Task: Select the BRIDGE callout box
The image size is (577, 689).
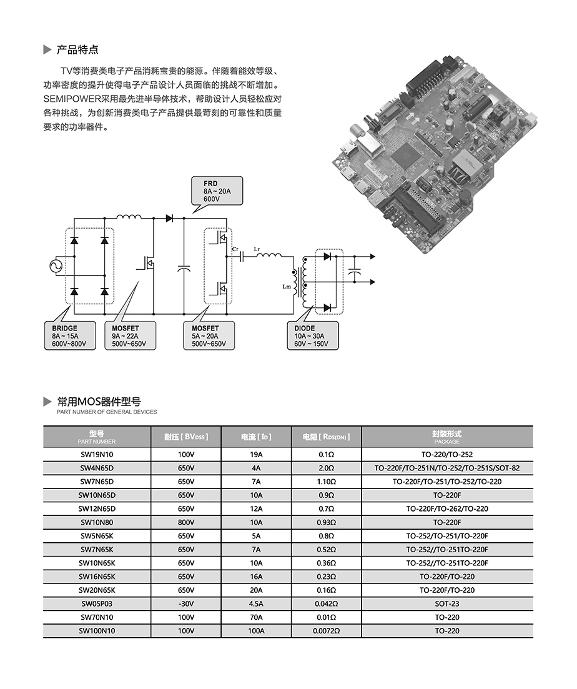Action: click(x=69, y=336)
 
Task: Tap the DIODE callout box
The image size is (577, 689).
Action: click(x=314, y=336)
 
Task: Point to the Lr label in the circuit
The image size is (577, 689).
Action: click(x=257, y=249)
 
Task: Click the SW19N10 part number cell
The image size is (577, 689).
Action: click(x=97, y=455)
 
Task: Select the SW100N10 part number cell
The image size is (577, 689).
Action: click(x=97, y=631)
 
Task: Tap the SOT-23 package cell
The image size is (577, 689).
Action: click(x=446, y=604)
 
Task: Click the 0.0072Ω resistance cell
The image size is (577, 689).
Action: click(x=326, y=631)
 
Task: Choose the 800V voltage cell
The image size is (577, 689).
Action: click(x=186, y=522)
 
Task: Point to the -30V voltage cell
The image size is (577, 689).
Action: click(x=186, y=604)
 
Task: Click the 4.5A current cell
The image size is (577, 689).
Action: click(x=256, y=604)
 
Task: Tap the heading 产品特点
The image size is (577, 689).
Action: click(x=77, y=50)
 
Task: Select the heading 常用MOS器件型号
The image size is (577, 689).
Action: click(x=99, y=401)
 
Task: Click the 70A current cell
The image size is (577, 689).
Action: click(x=256, y=617)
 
